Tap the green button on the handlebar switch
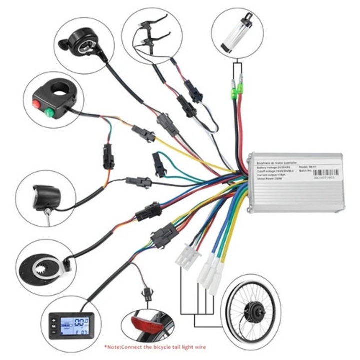point(49,112)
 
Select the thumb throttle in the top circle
point(82,45)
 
